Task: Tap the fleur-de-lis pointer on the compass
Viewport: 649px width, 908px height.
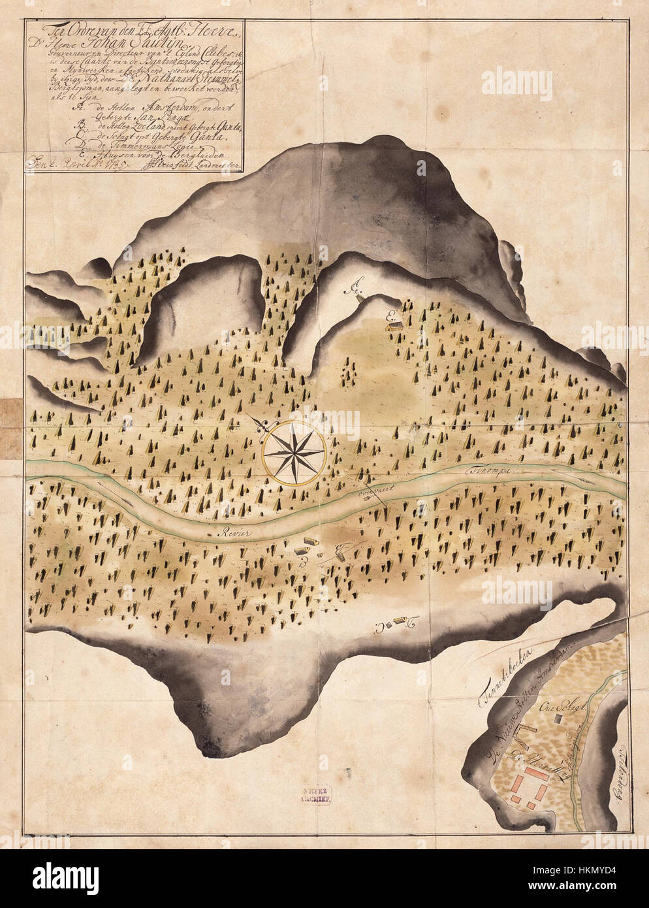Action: (x=262, y=424)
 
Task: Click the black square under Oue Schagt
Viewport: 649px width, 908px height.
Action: (x=558, y=717)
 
